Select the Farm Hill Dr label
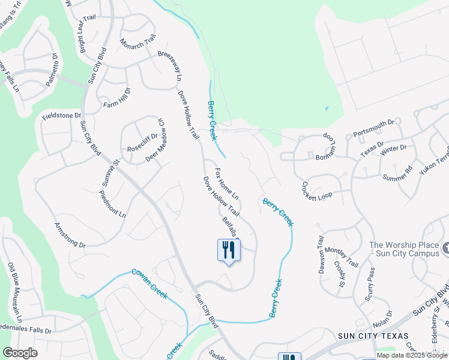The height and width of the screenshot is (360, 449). [116, 97]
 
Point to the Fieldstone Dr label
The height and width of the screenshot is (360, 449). [61, 115]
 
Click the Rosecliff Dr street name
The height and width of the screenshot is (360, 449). [142, 142]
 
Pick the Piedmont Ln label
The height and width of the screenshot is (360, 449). [113, 203]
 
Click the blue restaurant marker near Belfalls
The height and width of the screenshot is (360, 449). [228, 250]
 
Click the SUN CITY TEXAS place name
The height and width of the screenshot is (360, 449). [373, 336]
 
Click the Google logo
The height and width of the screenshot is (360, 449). [20, 353]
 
